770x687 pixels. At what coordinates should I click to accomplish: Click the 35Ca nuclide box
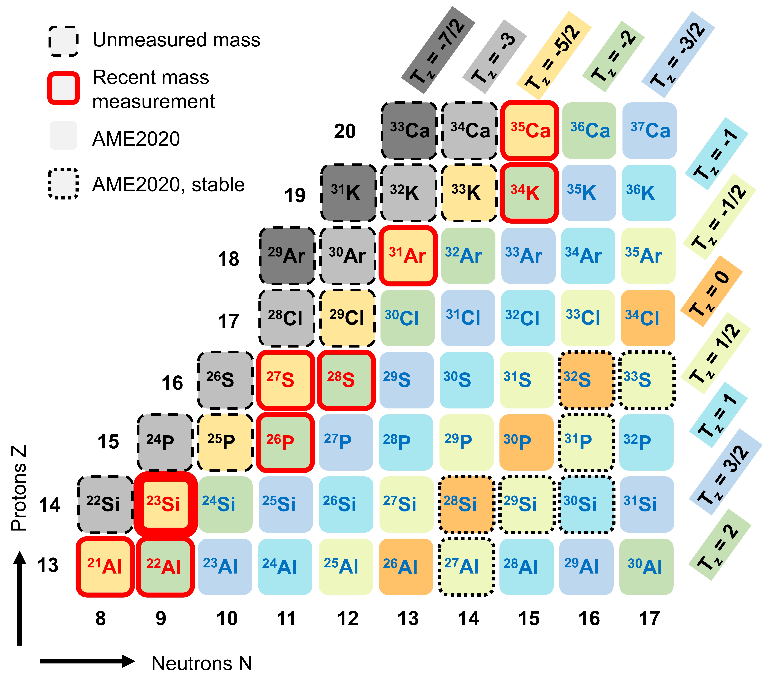(530, 131)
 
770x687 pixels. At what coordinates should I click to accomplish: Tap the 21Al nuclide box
(105, 566)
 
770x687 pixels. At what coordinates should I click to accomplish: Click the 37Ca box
(649, 131)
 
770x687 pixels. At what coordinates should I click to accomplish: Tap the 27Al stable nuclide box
(467, 566)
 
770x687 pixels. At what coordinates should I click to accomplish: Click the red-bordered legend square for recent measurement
(63, 88)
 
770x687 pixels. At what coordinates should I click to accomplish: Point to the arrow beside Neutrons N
(87, 661)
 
